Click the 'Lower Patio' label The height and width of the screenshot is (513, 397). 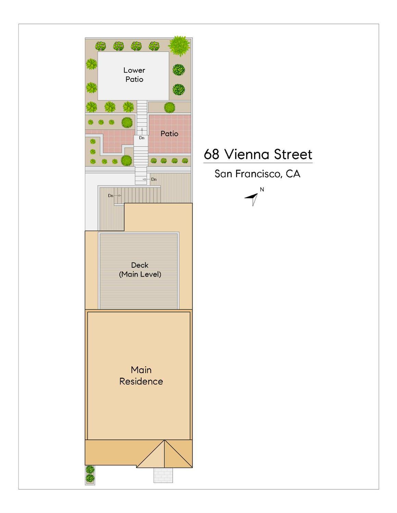(x=134, y=75)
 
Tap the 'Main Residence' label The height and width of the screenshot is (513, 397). (x=141, y=375)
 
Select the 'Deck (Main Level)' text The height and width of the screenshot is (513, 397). (x=140, y=270)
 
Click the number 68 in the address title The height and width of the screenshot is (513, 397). (x=211, y=154)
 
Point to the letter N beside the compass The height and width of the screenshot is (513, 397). (x=262, y=189)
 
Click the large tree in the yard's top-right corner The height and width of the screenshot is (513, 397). (x=179, y=46)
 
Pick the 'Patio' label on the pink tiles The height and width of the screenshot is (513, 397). (x=170, y=133)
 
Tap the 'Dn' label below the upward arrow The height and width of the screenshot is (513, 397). (x=141, y=138)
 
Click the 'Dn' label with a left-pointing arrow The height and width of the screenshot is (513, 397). (x=154, y=179)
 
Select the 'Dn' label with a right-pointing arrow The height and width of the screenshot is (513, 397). (x=111, y=195)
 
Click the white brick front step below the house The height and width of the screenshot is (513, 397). (x=163, y=475)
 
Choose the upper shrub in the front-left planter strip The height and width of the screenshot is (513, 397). (x=90, y=469)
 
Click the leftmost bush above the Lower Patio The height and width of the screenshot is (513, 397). (x=100, y=46)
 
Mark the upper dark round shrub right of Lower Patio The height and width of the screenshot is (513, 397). (x=178, y=70)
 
